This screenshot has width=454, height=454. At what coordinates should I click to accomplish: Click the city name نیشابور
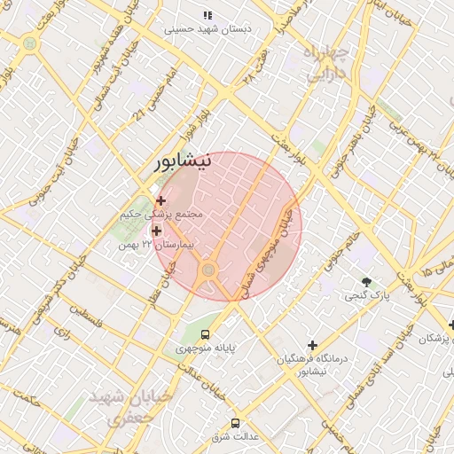pyautogui.click(x=183, y=162)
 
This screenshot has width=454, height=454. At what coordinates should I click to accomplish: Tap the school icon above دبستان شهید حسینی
pyautogui.click(x=207, y=15)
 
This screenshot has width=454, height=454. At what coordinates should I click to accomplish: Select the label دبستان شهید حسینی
pyautogui.click(x=207, y=28)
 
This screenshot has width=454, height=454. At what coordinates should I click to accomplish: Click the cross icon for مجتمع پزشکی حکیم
pyautogui.click(x=160, y=201)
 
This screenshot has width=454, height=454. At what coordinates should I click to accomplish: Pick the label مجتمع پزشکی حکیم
pyautogui.click(x=166, y=215)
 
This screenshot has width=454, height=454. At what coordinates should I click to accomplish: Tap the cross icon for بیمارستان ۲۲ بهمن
pyautogui.click(x=157, y=231)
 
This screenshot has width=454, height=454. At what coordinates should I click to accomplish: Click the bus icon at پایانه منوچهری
pyautogui.click(x=206, y=335)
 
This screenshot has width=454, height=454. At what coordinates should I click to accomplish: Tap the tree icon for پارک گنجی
pyautogui.click(x=367, y=280)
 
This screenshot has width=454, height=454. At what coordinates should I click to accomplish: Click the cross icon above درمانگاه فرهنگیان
pyautogui.click(x=312, y=345)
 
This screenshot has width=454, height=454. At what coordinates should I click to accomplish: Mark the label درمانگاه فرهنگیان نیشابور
pyautogui.click(x=314, y=364)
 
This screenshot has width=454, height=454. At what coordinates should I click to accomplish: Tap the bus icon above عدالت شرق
pyautogui.click(x=235, y=424)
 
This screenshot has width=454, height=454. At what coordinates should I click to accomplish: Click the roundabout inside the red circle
pyautogui.click(x=209, y=270)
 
